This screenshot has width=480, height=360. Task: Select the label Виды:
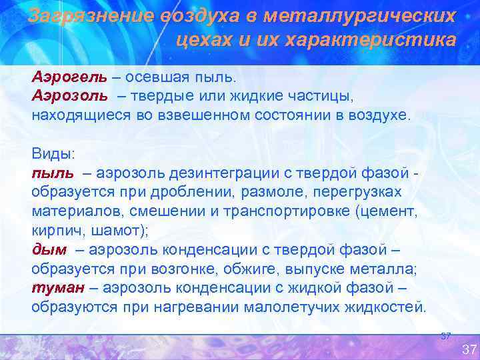53,153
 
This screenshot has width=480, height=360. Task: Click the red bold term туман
57,288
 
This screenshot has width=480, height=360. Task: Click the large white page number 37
469,349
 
